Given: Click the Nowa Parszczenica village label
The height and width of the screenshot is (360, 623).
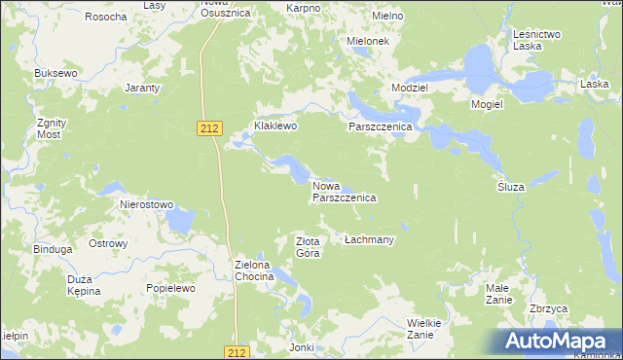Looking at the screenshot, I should [344, 191].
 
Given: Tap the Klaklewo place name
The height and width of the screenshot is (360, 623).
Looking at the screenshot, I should [275, 126].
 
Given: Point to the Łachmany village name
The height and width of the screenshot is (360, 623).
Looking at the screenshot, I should [369, 239].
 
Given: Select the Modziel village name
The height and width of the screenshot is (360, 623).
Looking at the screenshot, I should [410, 88].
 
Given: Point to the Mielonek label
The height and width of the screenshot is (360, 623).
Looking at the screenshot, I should [369, 42].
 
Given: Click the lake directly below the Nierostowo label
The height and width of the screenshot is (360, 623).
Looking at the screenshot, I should [179, 223].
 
